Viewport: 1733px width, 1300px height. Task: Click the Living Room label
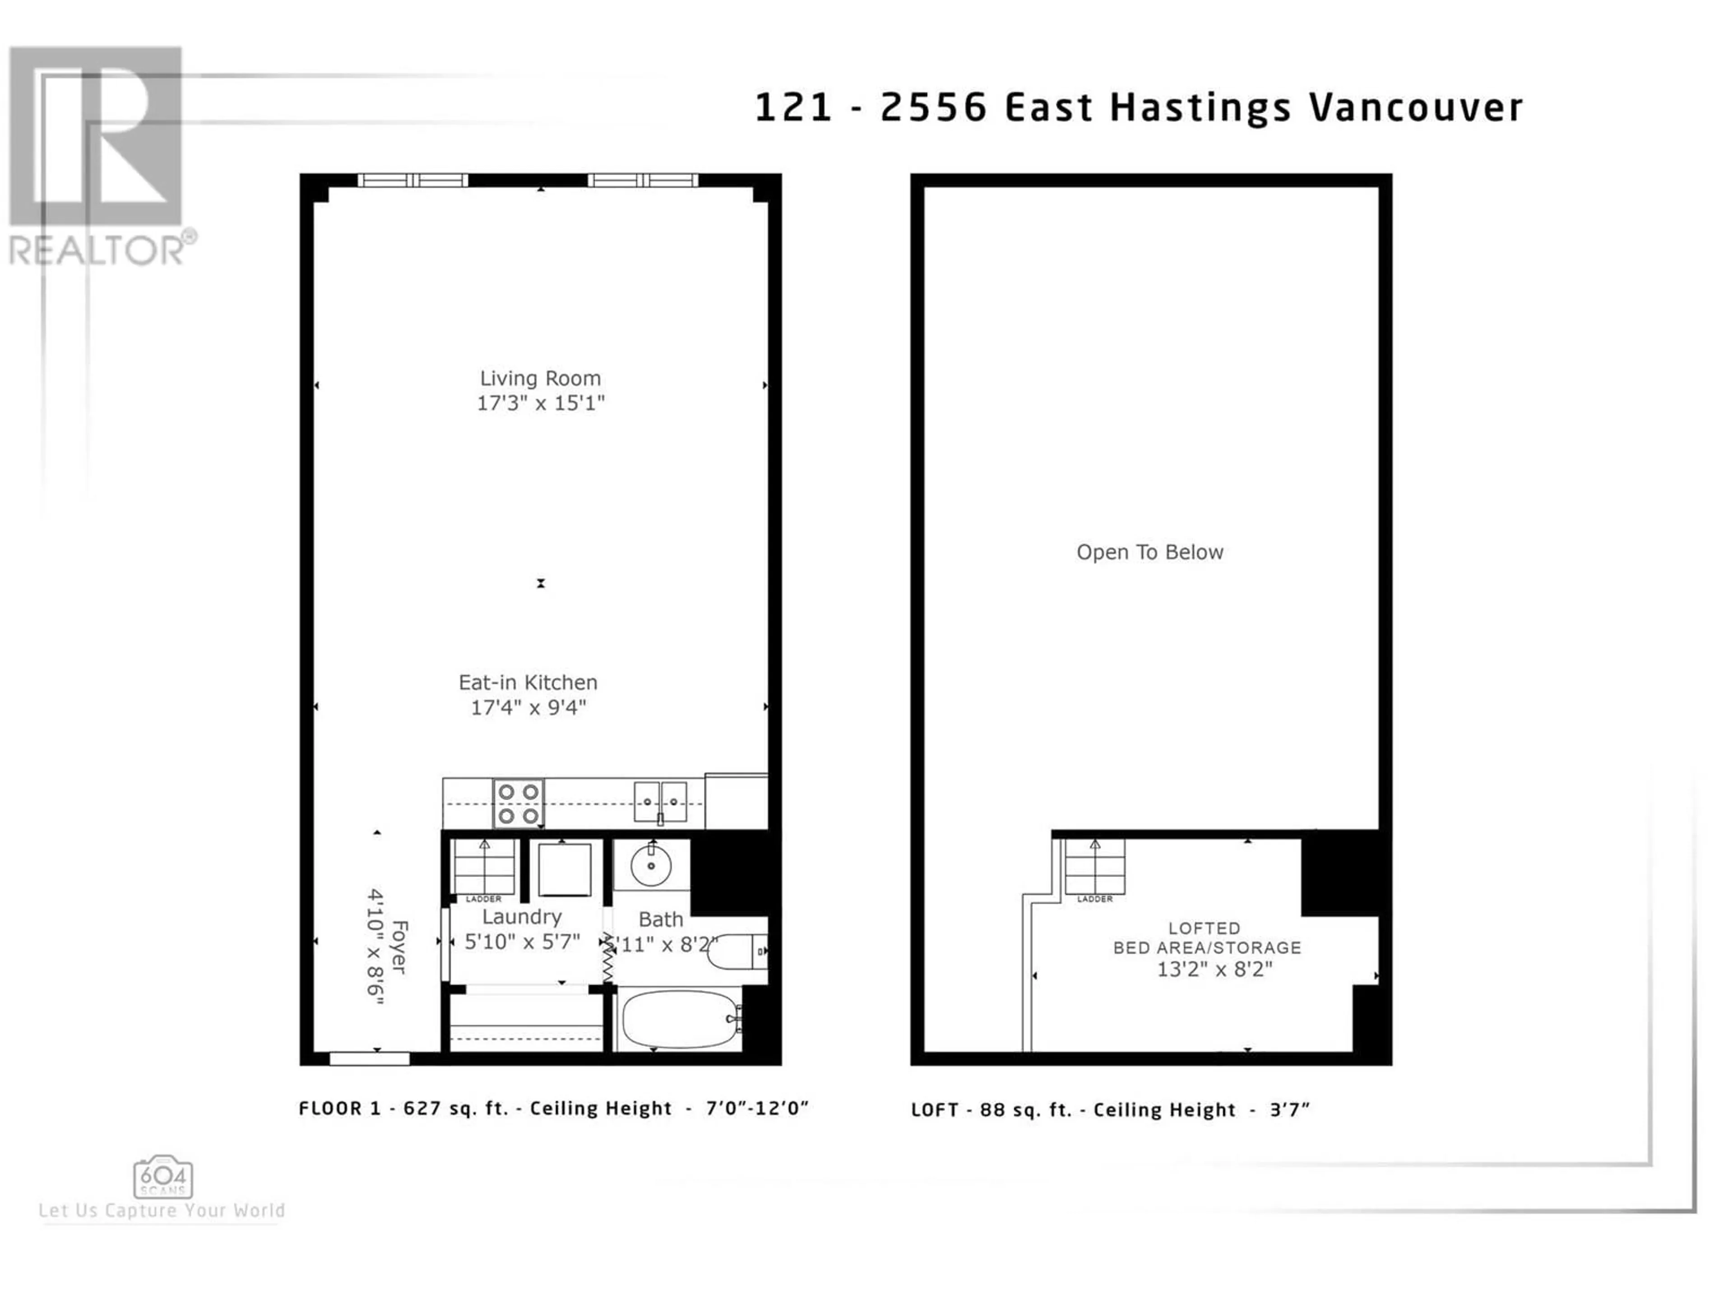pyautogui.click(x=541, y=378)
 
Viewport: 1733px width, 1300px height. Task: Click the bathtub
pyautogui.click(x=680, y=1020)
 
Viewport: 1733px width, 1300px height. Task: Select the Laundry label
pyautogui.click(x=522, y=917)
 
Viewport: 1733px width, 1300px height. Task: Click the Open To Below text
pyautogui.click(x=1149, y=552)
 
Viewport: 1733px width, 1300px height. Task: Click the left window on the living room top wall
pyautogui.click(x=413, y=180)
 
